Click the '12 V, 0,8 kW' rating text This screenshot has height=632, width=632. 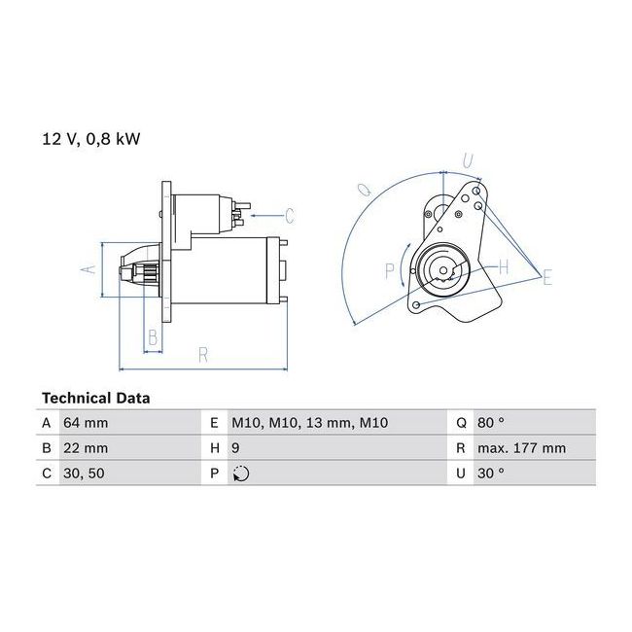click(91, 139)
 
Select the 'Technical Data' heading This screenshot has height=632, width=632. click(96, 399)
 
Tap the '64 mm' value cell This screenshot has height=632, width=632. click(86, 423)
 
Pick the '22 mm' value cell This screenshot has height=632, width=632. click(86, 448)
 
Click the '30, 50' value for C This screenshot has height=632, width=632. click(84, 474)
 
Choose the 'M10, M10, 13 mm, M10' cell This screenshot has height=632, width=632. click(309, 423)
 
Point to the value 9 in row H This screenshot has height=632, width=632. click(235, 448)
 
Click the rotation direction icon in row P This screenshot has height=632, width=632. click(241, 474)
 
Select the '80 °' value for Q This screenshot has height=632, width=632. click(490, 422)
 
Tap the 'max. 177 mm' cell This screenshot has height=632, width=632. click(521, 448)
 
